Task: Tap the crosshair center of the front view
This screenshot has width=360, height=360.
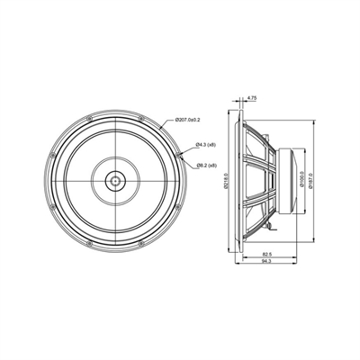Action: (117, 180)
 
